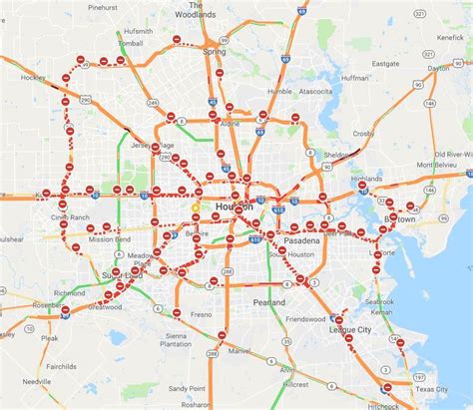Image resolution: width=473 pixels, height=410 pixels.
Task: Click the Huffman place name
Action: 354,76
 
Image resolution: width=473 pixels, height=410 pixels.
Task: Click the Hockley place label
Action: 34,76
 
